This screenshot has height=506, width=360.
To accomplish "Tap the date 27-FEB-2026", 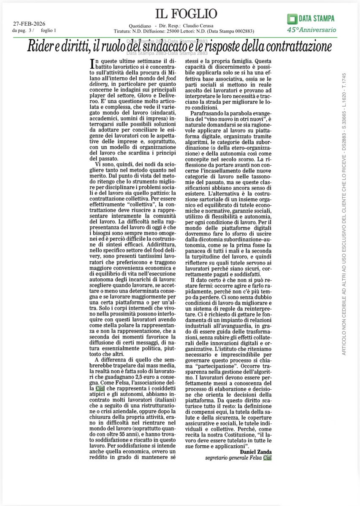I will pos(28,24).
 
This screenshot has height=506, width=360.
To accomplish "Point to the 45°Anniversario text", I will pos(311,30).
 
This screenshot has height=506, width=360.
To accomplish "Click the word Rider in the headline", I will pos(42,46).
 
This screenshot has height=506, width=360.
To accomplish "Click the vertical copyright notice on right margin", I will pos(344,211).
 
